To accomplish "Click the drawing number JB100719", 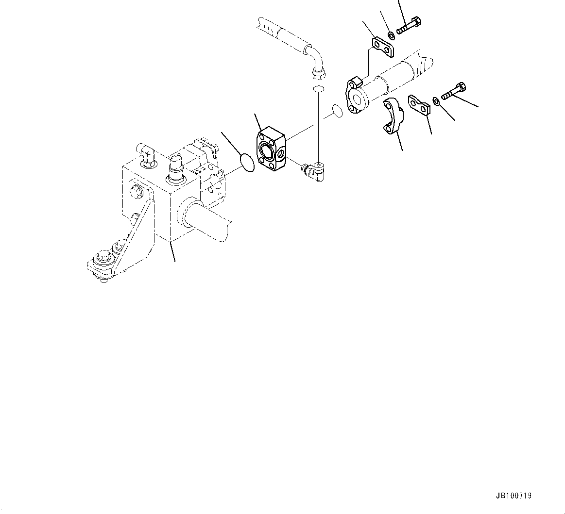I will coord(514,496).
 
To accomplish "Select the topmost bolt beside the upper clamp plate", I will coord(409,25).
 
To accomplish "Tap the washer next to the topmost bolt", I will coord(391,34).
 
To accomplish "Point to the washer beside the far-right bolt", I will coord(436,101).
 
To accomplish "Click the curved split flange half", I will coord(393,116).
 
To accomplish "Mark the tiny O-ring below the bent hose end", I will coord(319,89).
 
